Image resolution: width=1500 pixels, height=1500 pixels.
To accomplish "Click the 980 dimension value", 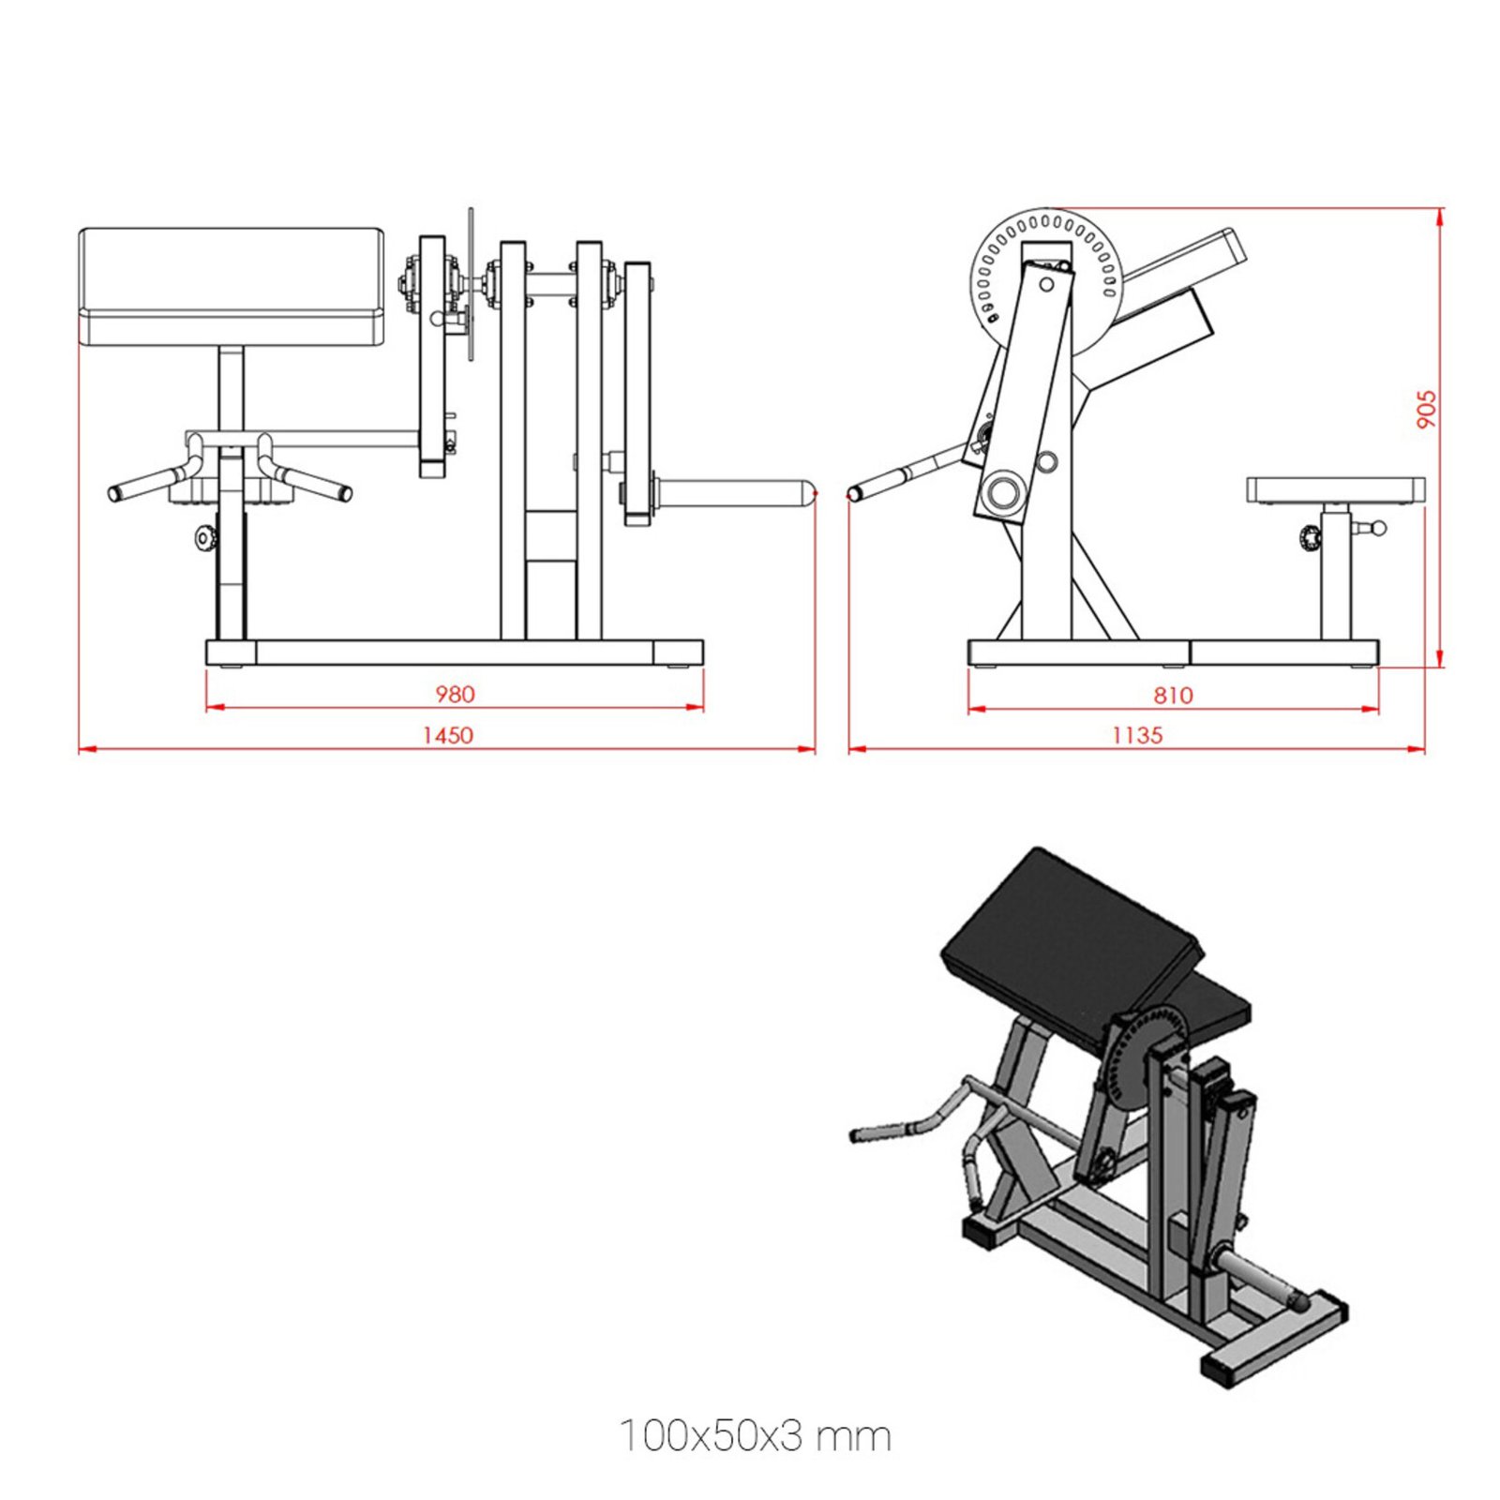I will [455, 694].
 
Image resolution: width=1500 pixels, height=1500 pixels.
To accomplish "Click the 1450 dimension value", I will [447, 735].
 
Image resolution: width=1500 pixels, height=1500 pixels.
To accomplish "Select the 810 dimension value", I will [1173, 695].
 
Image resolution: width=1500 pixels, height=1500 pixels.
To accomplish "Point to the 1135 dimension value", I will [1136, 735].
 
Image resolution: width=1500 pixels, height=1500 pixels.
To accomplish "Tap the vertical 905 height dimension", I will [1425, 410].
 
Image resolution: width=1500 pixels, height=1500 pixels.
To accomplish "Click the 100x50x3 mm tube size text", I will [755, 1436].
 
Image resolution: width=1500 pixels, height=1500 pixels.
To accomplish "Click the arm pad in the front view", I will [232, 286].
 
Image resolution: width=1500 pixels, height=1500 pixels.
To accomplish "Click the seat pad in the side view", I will [1335, 489].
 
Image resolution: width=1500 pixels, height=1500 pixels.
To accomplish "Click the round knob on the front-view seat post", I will [204, 538].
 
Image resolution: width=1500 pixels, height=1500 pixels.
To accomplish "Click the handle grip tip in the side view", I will [856, 492].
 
